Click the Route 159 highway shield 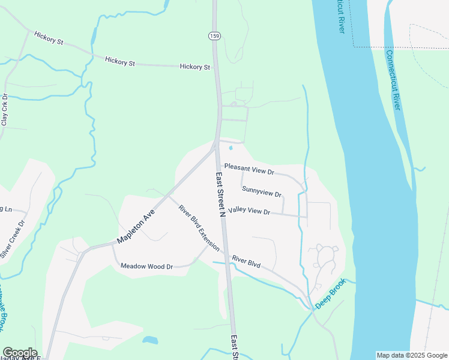214,37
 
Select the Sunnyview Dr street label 262,191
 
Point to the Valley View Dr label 249,211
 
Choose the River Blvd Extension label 199,228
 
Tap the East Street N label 220,194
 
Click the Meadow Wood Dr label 146,266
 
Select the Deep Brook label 331,293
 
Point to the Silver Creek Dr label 13,239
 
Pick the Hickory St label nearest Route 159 195,67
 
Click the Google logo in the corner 20,353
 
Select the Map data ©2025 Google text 411,355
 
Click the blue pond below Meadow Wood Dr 150,340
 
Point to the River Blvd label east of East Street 246,259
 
